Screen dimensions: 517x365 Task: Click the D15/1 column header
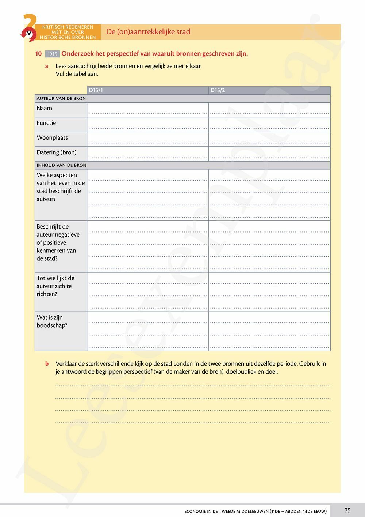[96, 90]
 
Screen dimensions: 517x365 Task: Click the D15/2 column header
[218, 90]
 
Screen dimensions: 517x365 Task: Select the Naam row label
[45, 108]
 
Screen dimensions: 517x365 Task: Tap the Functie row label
[46, 123]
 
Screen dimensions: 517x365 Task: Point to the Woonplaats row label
[52, 138]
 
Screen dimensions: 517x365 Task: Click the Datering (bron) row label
[57, 152]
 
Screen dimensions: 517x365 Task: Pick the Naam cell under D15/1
[148, 110]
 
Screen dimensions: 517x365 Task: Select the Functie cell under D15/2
[269, 124]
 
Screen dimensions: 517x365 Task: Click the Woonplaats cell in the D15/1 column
[148, 139]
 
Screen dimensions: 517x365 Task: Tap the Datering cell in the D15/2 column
[269, 154]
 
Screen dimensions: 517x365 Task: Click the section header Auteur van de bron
[61, 98]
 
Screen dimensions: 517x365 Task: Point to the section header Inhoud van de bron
[62, 165]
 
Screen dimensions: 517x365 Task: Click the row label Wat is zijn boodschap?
[52, 321]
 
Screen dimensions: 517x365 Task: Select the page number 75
[347, 510]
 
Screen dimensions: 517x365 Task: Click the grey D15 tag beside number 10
[53, 54]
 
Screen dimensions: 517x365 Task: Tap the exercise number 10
[38, 54]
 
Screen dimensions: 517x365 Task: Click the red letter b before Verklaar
[47, 364]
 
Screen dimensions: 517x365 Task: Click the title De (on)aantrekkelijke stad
[148, 32]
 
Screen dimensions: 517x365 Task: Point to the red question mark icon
[29, 27]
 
